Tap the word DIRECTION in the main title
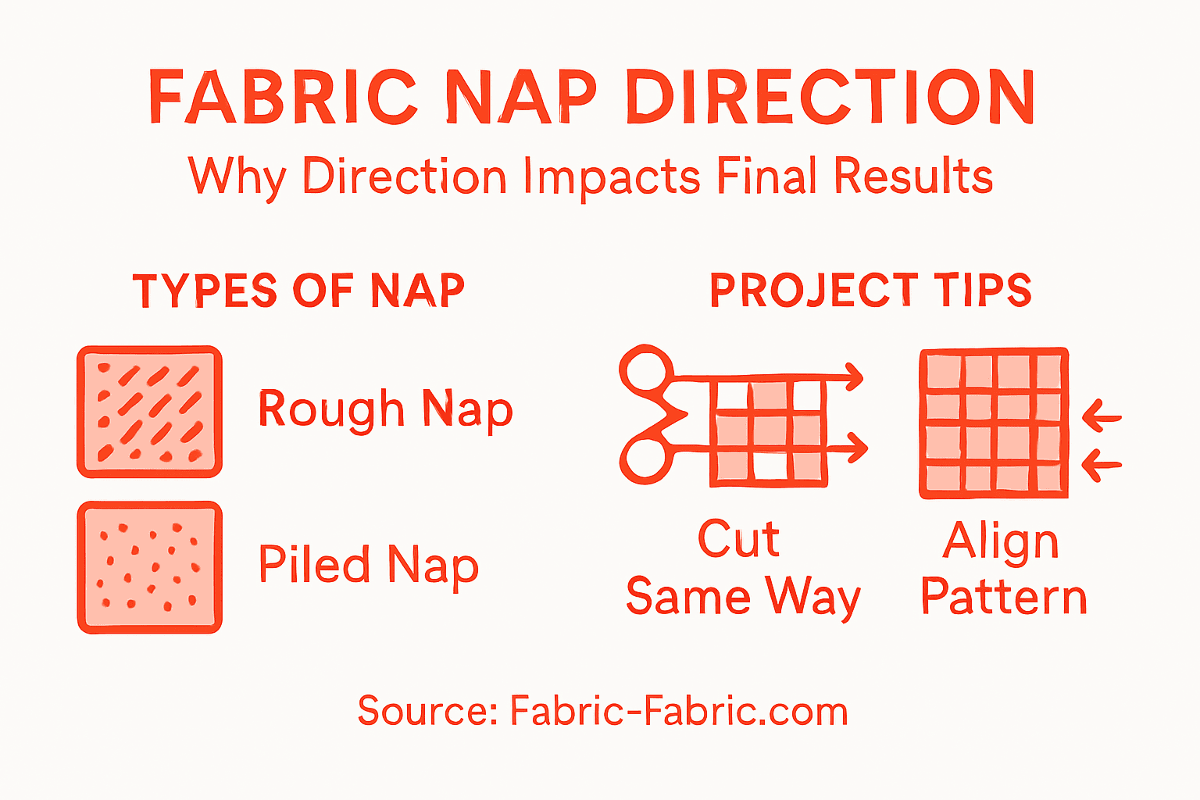click(830, 98)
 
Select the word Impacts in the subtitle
click(611, 177)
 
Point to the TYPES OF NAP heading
click(298, 291)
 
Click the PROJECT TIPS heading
click(870, 291)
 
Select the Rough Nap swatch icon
click(149, 412)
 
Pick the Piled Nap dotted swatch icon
click(149, 567)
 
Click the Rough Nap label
click(385, 409)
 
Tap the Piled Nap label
click(368, 565)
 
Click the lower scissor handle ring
click(645, 459)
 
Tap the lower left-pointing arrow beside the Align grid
click(1102, 466)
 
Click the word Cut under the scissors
click(738, 539)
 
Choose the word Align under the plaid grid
click(1001, 541)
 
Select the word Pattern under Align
click(1003, 598)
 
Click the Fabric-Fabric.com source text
click(678, 711)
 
